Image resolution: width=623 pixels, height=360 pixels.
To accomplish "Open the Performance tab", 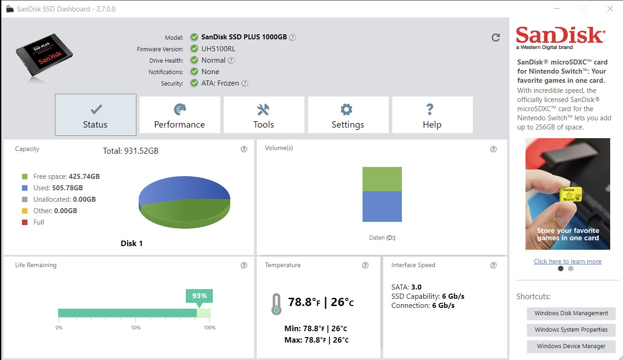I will [179, 115].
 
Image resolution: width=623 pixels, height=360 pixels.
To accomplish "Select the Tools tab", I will [264, 115].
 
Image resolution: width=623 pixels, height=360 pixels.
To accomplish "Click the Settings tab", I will [348, 115].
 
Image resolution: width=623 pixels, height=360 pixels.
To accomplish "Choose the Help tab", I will [432, 115].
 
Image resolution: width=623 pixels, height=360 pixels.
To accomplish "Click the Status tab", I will [95, 115].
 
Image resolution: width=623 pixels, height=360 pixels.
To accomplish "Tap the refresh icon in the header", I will [495, 38].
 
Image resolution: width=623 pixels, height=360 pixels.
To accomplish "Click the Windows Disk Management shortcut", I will [571, 313].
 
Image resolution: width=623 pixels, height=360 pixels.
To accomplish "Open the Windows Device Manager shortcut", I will [571, 346].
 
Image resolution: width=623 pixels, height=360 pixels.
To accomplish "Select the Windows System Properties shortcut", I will [571, 330].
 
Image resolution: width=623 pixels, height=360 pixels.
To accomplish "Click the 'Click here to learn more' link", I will [567, 261].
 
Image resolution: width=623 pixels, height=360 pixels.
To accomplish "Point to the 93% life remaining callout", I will [199, 296].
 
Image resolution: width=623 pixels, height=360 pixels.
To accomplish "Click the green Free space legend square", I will [25, 177].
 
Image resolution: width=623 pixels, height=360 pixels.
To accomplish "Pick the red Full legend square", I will [25, 222].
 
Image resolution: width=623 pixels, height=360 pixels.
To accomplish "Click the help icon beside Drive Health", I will [231, 60].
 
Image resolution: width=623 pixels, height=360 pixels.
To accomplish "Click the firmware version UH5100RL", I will [218, 49].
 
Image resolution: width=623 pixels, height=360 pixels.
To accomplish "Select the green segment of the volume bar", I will [382, 179].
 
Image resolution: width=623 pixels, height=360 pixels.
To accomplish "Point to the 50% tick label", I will [135, 328].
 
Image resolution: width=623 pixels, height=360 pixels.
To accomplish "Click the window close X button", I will [610, 9].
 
